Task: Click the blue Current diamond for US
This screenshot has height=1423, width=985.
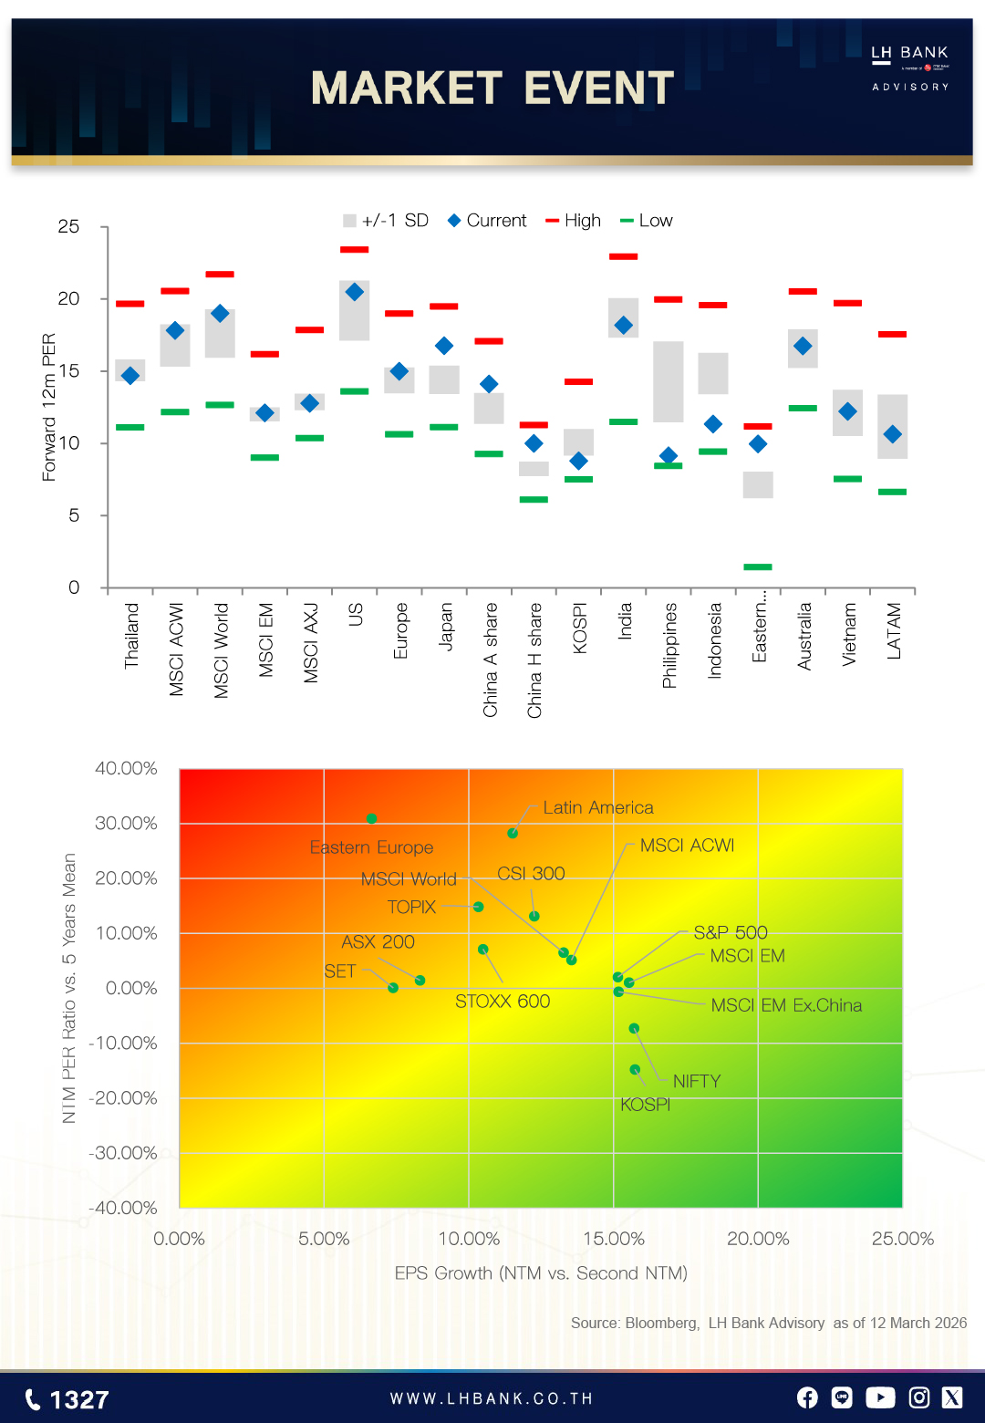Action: coord(355,292)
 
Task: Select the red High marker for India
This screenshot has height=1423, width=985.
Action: coord(623,256)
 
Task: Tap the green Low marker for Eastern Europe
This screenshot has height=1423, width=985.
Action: coord(758,566)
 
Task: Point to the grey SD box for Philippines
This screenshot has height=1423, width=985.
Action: coord(669,381)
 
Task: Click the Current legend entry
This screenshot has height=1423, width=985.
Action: coord(487,221)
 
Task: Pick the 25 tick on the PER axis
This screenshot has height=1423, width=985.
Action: coord(68,226)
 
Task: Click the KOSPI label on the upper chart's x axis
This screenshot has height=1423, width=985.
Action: coord(580,628)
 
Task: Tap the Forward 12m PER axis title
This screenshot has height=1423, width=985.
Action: coord(49,407)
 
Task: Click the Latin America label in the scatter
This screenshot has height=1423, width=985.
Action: coord(598,807)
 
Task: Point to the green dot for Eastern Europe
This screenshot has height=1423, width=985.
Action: coord(371,818)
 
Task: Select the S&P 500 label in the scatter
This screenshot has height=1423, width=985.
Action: coord(731,932)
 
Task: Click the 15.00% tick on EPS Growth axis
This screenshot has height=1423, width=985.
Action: coord(614,1239)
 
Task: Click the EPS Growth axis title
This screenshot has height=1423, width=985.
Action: coord(541,1272)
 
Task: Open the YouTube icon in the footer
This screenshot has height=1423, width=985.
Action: coord(880,1397)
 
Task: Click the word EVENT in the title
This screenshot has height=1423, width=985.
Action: coord(598,88)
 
